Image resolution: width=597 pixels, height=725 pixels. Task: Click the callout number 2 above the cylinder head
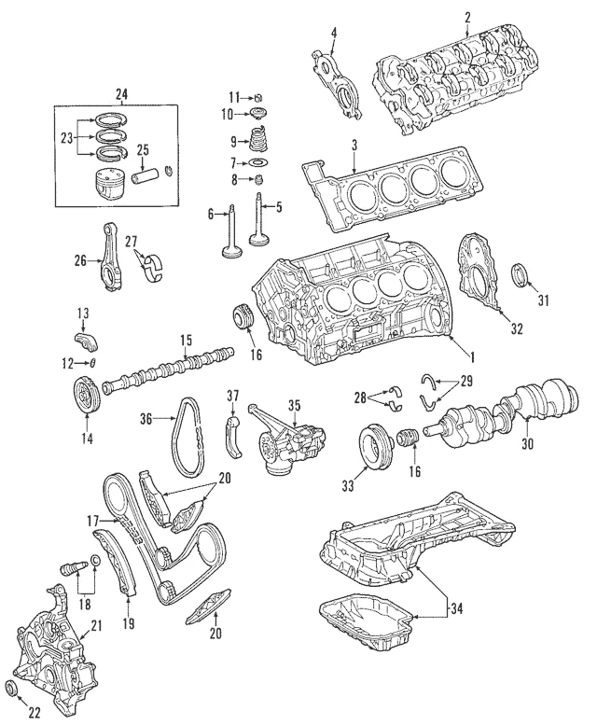pyautogui.click(x=467, y=15)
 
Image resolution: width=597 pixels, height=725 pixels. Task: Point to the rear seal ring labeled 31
pyautogui.click(x=525, y=276)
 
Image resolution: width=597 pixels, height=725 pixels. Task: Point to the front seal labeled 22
pyautogui.click(x=15, y=689)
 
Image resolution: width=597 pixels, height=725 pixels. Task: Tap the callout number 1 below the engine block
pyautogui.click(x=472, y=356)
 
